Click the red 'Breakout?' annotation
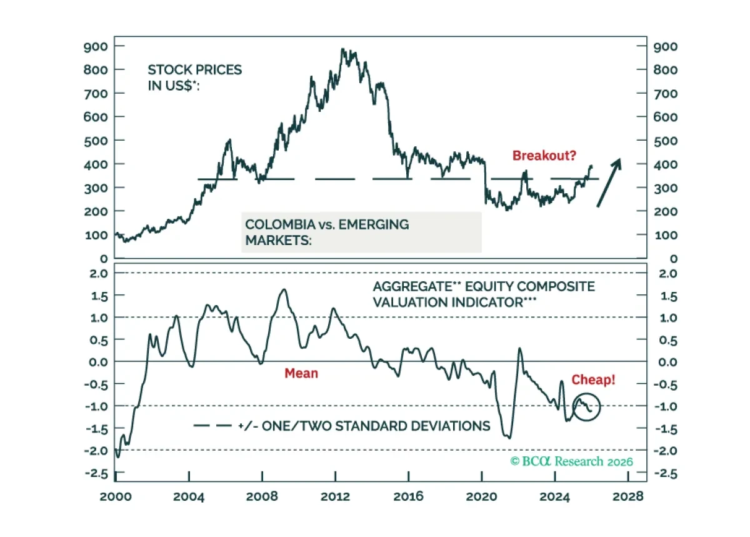(544, 156)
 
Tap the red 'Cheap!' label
(593, 379)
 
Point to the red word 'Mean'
(301, 373)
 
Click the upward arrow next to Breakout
(609, 183)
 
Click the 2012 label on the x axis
(335, 496)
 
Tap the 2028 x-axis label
(628, 496)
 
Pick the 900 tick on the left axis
(96, 46)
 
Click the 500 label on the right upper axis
(665, 141)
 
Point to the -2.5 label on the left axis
(97, 473)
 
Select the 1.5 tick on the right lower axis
(668, 296)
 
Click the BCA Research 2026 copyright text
(571, 461)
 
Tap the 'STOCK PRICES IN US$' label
(195, 78)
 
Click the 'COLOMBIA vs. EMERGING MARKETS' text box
(361, 232)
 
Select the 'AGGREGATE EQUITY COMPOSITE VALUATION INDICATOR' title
(484, 294)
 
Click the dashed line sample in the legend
(212, 426)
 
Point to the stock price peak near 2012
(342, 49)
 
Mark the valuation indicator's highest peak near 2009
(284, 289)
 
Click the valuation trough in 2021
(509, 438)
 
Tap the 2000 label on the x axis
(116, 496)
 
